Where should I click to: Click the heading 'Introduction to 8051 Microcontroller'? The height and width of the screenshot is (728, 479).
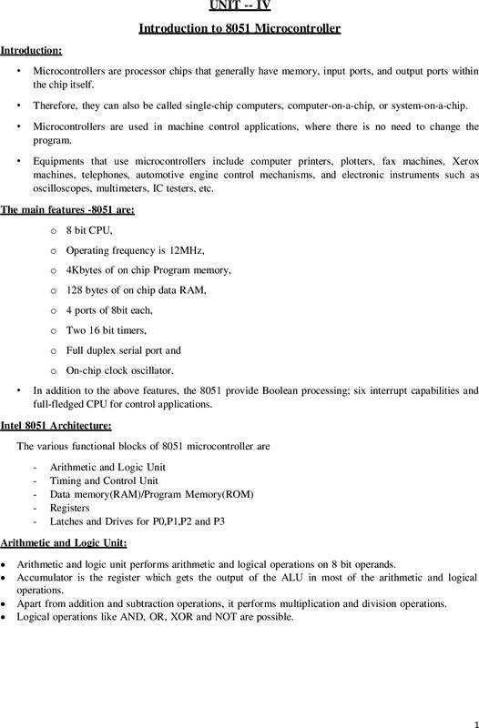click(239, 29)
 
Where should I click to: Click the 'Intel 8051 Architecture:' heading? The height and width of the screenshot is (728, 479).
click(56, 425)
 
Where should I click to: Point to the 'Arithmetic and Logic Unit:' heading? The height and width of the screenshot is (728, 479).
click(63, 543)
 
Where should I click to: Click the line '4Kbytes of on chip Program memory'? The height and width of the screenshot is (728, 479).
click(148, 271)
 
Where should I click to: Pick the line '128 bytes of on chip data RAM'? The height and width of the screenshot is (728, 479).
click(137, 290)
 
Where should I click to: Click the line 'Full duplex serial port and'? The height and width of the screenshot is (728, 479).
click(124, 350)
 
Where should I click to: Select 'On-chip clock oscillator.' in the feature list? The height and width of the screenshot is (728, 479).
click(119, 370)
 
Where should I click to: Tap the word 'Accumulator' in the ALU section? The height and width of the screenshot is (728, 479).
click(49, 578)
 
